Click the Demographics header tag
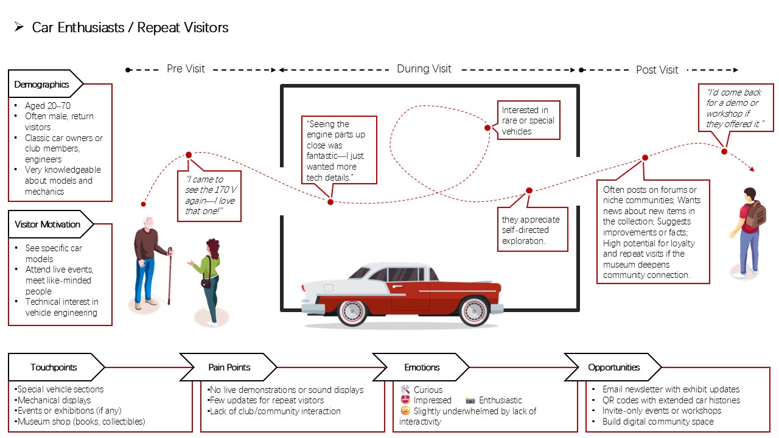(x=45, y=84)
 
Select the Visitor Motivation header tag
(x=51, y=224)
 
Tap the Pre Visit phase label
(x=186, y=69)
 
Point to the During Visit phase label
(x=424, y=69)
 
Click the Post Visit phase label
(x=657, y=70)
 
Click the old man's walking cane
(x=170, y=276)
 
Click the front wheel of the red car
(x=352, y=312)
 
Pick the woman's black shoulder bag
(x=206, y=283)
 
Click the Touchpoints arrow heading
(x=56, y=367)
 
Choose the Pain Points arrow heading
(x=228, y=367)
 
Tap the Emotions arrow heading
(x=421, y=367)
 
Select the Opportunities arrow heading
(x=613, y=367)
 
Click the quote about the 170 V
(x=209, y=196)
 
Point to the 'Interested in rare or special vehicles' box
(x=529, y=120)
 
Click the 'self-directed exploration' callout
(x=533, y=229)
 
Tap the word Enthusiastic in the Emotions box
(x=500, y=400)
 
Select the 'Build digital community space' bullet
(x=658, y=422)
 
